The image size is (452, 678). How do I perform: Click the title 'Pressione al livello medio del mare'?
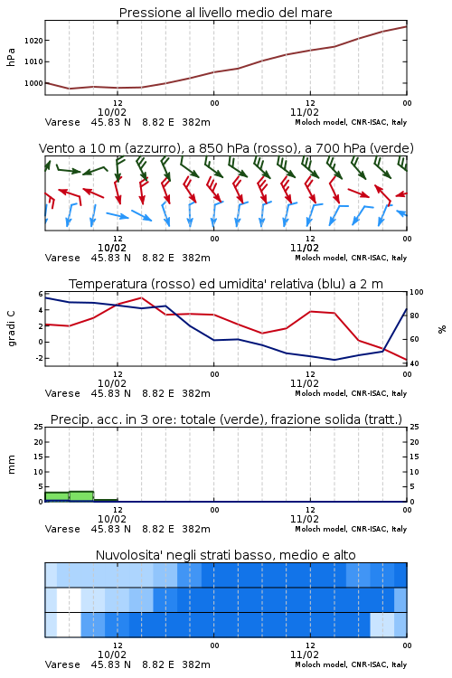click(x=225, y=13)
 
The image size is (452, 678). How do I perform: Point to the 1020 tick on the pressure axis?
click(x=33, y=41)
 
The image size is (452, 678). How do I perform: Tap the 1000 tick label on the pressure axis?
click(x=33, y=83)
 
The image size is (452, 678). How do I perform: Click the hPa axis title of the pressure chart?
click(x=11, y=57)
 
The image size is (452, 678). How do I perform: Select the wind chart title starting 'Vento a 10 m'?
click(x=226, y=149)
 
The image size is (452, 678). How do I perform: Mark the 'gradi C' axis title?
click(x=11, y=329)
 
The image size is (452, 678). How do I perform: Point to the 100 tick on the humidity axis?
click(x=416, y=292)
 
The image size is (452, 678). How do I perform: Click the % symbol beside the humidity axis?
click(x=442, y=329)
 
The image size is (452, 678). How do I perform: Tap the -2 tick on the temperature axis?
click(x=39, y=358)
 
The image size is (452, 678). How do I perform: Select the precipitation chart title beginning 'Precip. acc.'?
click(x=226, y=419)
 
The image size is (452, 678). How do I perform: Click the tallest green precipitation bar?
click(x=81, y=496)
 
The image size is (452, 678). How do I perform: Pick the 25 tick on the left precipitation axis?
click(x=39, y=428)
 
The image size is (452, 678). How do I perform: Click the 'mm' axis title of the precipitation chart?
click(x=11, y=465)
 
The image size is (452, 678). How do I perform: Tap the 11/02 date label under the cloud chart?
click(x=304, y=654)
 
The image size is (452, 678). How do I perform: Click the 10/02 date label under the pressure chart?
click(x=112, y=112)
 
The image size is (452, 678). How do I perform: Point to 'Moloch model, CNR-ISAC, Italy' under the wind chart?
click(x=351, y=258)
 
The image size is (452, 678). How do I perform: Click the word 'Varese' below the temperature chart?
click(x=62, y=393)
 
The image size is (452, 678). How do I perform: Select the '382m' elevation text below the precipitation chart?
click(x=196, y=529)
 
